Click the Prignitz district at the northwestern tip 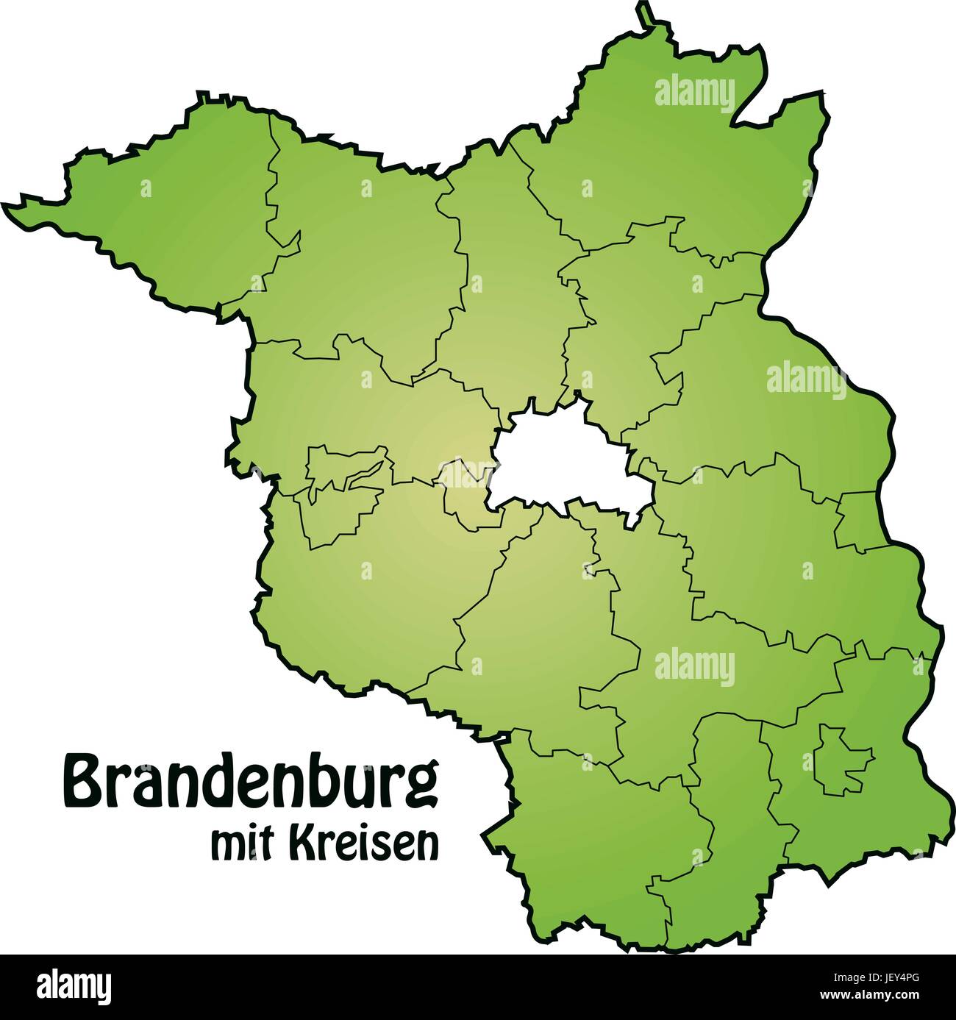coord(169,213)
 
